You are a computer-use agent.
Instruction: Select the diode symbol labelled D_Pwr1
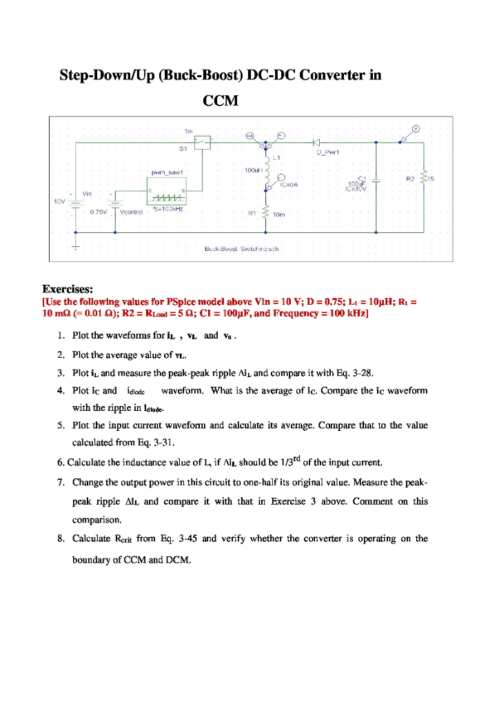[317, 142]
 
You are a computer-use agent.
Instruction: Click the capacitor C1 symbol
[376, 179]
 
